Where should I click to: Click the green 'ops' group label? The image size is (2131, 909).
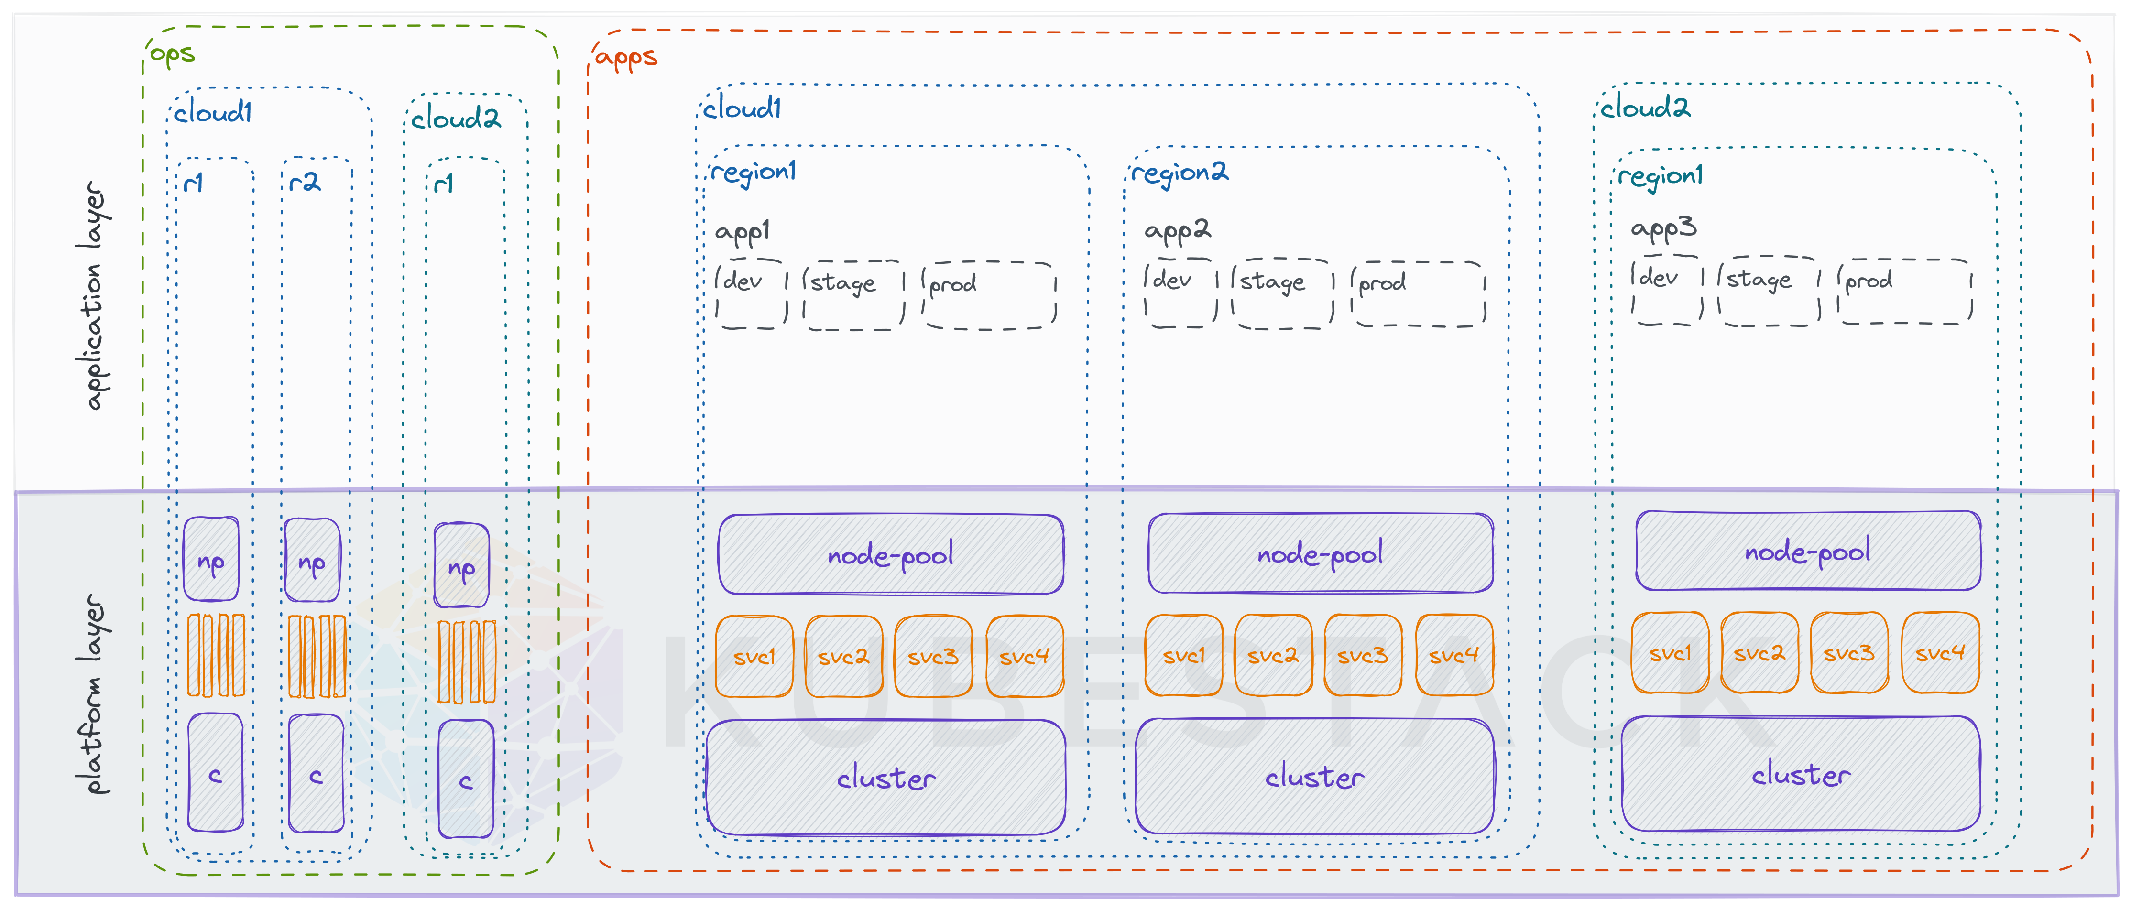(172, 54)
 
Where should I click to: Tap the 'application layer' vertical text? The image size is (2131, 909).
(95, 295)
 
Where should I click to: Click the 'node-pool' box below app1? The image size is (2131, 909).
(890, 554)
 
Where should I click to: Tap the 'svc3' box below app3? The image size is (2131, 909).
(1849, 652)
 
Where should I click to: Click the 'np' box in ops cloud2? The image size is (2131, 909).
(461, 567)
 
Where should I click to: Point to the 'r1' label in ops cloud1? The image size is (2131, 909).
(194, 183)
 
